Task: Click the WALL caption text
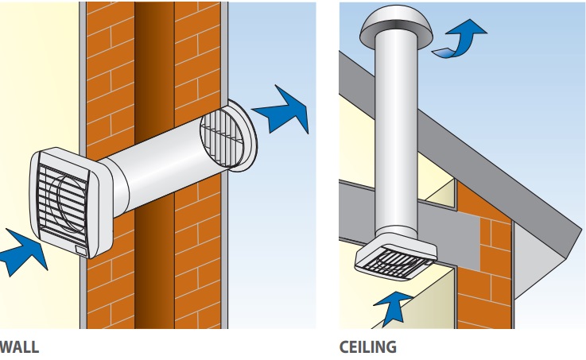(18, 346)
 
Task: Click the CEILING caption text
(367, 346)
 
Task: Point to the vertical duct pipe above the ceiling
(393, 135)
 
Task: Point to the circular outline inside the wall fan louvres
(60, 195)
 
